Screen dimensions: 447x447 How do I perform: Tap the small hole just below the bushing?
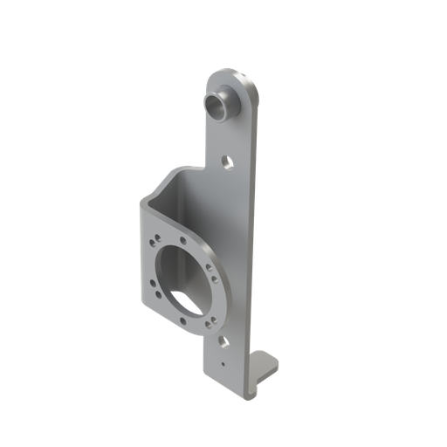pos(226,161)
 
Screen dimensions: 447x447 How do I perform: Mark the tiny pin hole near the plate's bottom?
pos(223,357)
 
